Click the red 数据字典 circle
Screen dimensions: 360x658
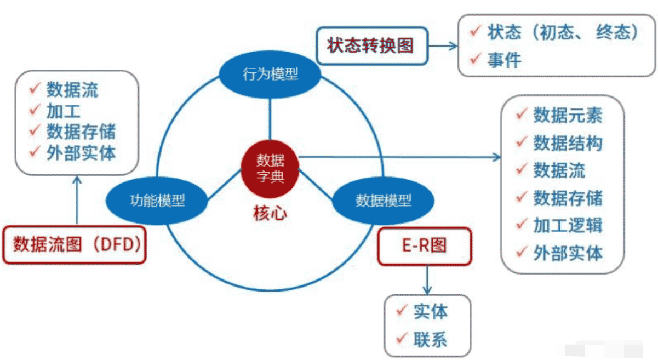pyautogui.click(x=270, y=170)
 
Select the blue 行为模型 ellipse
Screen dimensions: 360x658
pyautogui.click(x=270, y=74)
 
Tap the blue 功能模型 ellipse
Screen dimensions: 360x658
pyautogui.click(x=157, y=200)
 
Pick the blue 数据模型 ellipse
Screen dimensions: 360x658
pyautogui.click(x=384, y=200)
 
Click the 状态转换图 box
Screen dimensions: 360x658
pyautogui.click(x=371, y=45)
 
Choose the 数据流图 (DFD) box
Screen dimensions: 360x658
pyautogui.click(x=75, y=244)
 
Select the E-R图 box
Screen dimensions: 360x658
pyautogui.click(x=424, y=245)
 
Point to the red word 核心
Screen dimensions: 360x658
pyautogui.click(x=270, y=213)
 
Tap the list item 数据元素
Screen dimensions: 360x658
pyautogui.click(x=568, y=115)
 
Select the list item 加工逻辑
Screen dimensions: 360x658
pyautogui.click(x=568, y=225)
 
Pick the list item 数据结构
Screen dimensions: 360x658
pyautogui.click(x=568, y=143)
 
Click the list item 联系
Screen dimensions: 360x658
pyautogui.click(x=430, y=339)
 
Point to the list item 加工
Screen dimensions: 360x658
pyautogui.click(x=64, y=111)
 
